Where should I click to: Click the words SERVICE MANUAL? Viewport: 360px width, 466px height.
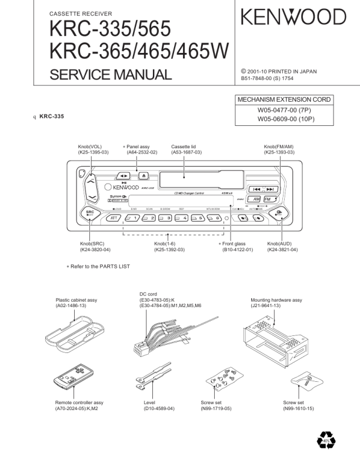[111, 74]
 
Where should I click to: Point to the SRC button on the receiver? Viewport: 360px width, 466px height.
[90, 214]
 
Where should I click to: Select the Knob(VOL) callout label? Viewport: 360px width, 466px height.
[90, 149]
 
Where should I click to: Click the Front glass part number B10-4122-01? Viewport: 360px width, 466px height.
[237, 250]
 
